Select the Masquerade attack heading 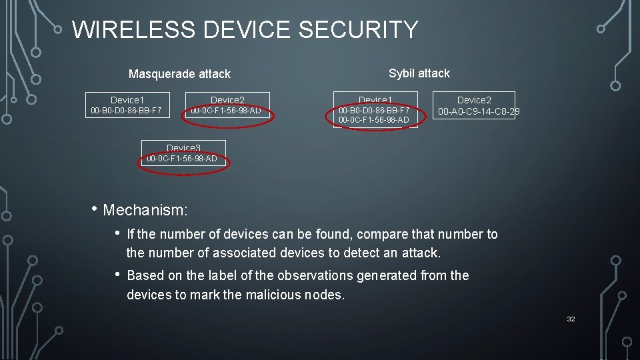179,74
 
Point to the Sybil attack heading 419,73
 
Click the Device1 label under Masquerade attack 127,100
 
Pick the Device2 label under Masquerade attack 227,100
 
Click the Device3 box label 183,147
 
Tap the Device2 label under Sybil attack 474,100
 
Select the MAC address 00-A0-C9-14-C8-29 478,112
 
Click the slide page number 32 571,319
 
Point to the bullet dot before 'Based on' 117,274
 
